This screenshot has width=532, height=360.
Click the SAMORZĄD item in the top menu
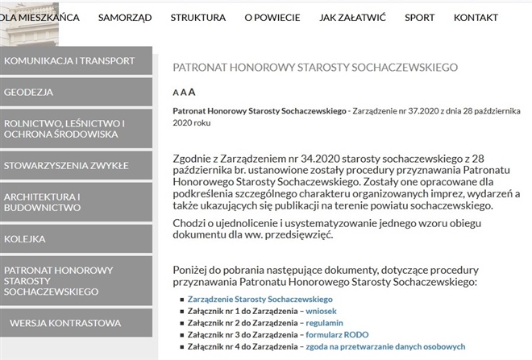click(x=125, y=17)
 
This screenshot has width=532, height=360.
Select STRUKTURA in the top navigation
click(x=197, y=17)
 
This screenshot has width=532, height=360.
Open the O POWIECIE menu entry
click(x=272, y=17)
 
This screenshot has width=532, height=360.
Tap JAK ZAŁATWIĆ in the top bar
click(x=351, y=17)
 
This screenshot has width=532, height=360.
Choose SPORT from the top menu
click(x=419, y=17)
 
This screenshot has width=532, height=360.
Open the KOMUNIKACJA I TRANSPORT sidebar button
click(x=76, y=60)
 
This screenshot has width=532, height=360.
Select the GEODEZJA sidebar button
click(x=76, y=92)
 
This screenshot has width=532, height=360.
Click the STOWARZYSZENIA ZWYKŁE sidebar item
click(x=76, y=166)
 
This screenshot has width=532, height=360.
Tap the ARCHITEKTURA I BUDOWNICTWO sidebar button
click(x=76, y=202)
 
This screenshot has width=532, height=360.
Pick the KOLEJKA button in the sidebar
click(x=76, y=239)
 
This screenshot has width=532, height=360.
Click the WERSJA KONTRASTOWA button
click(x=76, y=323)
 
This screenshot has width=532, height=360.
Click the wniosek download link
click(x=321, y=310)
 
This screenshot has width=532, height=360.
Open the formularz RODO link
click(x=336, y=334)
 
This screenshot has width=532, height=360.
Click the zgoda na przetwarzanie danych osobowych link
click(x=384, y=346)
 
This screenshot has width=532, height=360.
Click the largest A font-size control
click(x=192, y=92)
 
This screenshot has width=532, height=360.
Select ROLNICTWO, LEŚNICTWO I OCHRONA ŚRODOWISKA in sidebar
click(x=76, y=129)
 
